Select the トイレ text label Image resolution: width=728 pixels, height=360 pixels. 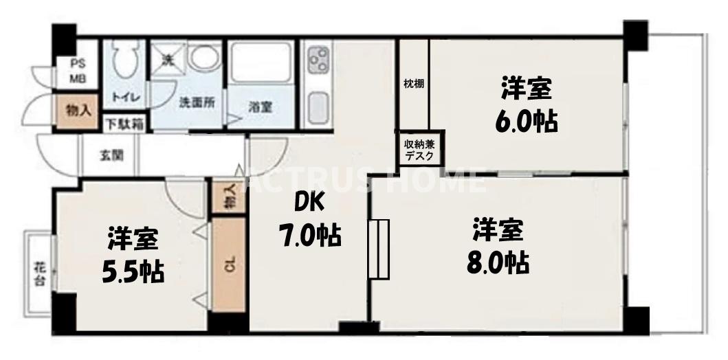(x=126, y=98)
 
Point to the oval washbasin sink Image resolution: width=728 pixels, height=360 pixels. (x=204, y=58)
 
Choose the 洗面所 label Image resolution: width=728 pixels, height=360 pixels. (x=197, y=103)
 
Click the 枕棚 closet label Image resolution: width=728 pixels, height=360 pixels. (x=413, y=85)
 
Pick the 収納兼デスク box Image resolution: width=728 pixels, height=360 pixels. (x=419, y=150)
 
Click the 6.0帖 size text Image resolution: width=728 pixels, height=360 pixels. (x=526, y=120)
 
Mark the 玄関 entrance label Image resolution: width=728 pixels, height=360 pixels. (x=111, y=155)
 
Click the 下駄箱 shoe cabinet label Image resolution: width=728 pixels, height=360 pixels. (x=124, y=125)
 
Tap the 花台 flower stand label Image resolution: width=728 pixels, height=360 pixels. (x=38, y=273)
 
